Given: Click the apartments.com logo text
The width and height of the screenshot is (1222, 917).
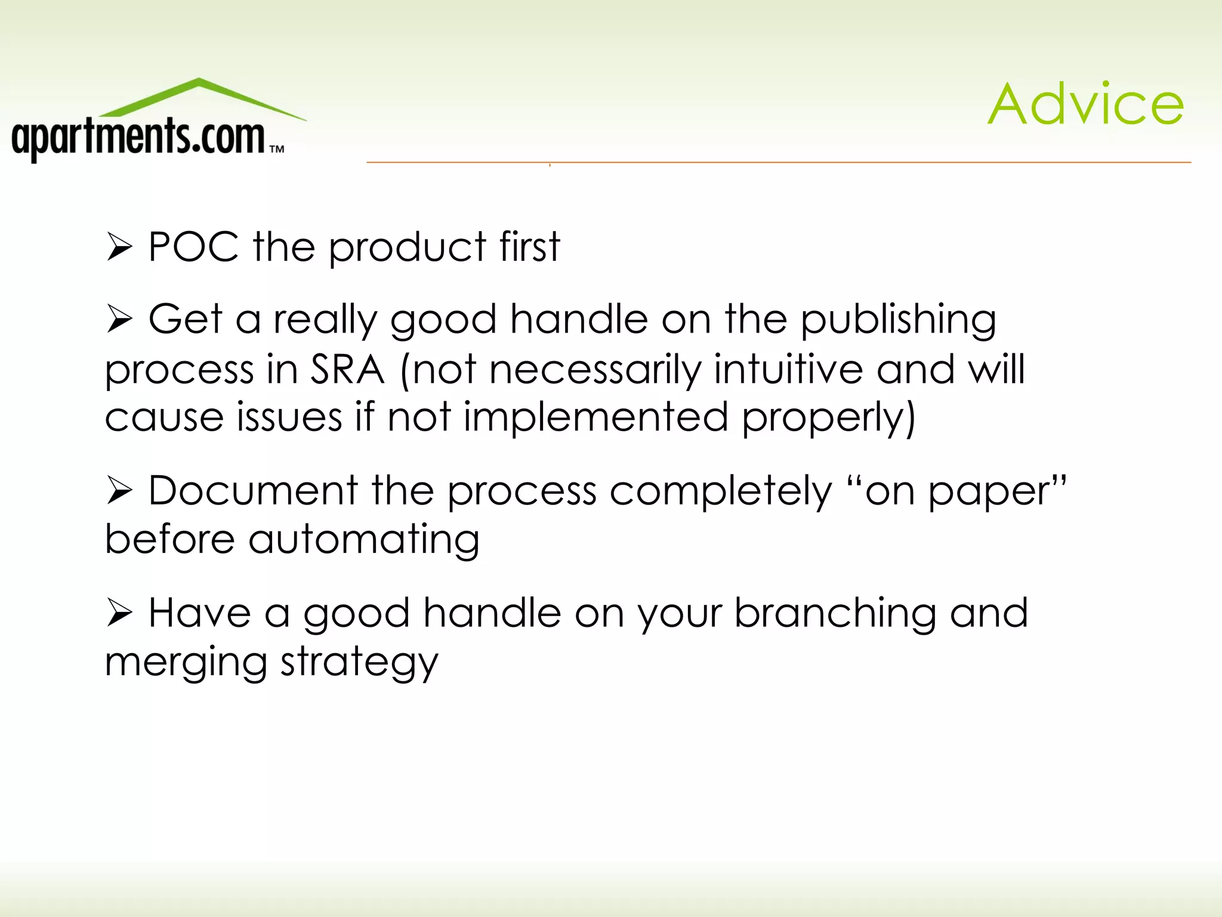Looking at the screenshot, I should pos(138,137).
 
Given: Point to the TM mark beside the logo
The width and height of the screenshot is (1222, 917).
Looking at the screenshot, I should pos(277,149).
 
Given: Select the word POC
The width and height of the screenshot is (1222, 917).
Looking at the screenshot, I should pos(193,247).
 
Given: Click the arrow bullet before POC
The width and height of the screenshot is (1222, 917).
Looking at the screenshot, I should pos(119,248).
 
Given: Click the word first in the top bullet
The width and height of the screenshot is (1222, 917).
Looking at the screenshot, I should pos(530,247).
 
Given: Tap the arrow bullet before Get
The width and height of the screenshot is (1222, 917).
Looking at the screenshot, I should pos(119,319).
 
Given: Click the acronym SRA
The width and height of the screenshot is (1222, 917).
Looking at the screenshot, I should pos(347,370).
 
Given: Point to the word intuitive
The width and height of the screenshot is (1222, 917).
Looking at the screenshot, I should pos(788,370).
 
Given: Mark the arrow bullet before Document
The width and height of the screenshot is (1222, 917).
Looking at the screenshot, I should pos(119,491).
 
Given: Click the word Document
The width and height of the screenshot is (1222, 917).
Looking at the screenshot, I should pos(253,491).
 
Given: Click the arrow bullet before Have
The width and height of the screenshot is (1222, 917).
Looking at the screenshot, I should pos(119,614).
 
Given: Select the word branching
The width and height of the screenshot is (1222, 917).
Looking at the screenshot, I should pos(835,614).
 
